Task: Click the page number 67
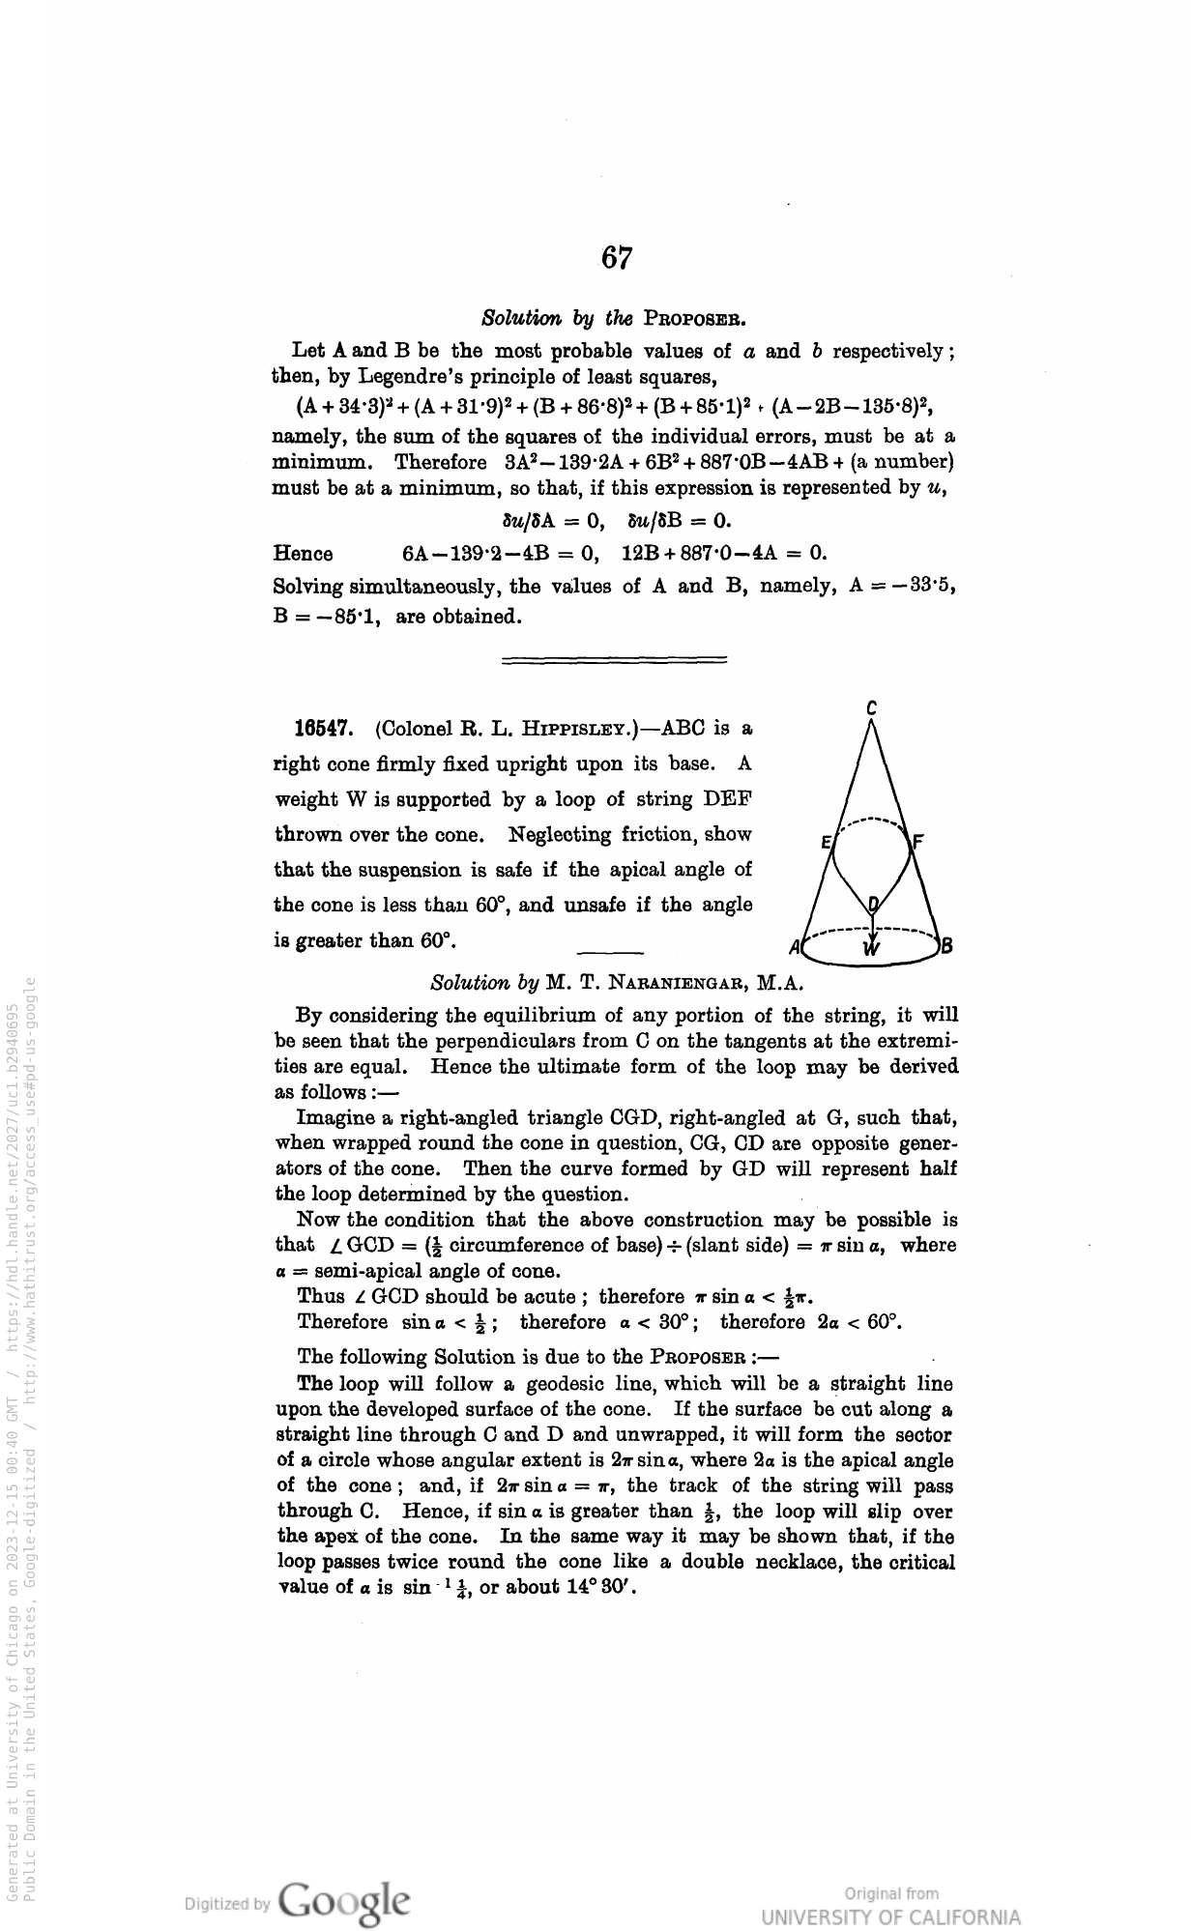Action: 617,258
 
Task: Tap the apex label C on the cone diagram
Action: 871,708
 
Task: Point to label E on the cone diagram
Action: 826,842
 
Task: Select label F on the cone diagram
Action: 919,842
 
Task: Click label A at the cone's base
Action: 793,946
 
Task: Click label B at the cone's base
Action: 947,946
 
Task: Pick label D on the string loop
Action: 873,905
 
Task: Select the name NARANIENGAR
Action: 667,984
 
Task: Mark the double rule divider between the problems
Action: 614,660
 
